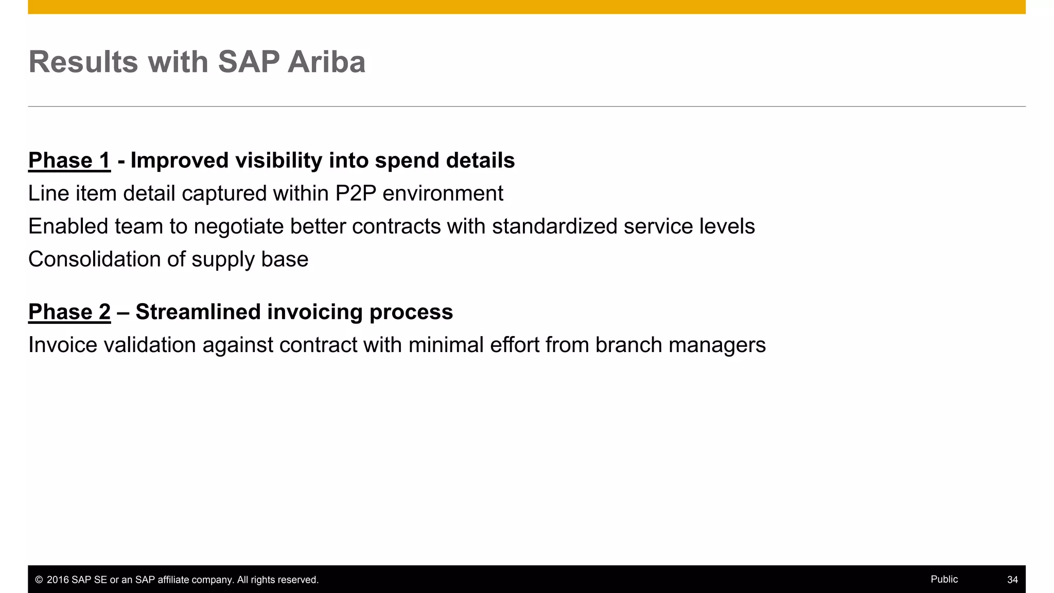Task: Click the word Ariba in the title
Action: (x=326, y=62)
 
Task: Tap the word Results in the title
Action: (x=83, y=62)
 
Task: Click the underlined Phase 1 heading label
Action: (x=69, y=161)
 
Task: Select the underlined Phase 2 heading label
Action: (x=69, y=312)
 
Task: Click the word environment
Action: (x=443, y=194)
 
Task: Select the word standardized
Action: (x=554, y=226)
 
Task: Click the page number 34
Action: (x=1012, y=580)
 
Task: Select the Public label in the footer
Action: (x=944, y=579)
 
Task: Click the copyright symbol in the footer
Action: (x=39, y=580)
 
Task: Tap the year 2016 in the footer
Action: (x=58, y=580)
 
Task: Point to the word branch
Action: (x=628, y=345)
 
